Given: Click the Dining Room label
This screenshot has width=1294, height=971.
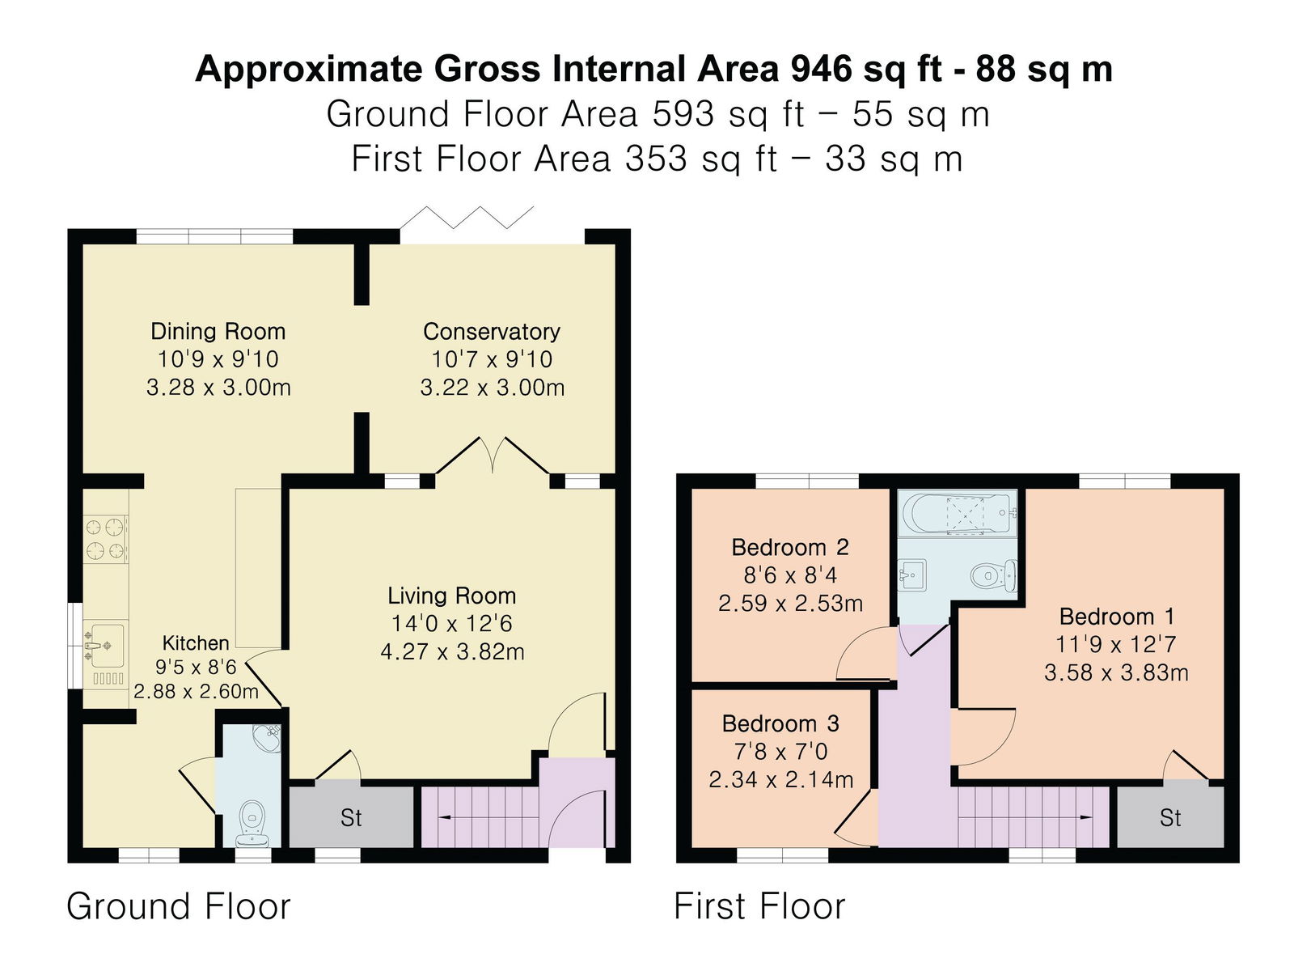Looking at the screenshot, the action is click(x=218, y=331).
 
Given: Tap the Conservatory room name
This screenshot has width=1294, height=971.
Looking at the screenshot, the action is click(x=492, y=332).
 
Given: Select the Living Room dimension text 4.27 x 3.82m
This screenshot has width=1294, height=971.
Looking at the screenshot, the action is click(x=452, y=652).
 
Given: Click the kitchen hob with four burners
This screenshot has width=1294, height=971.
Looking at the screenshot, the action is click(x=106, y=537).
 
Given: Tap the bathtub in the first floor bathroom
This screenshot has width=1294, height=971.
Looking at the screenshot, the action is click(x=960, y=514).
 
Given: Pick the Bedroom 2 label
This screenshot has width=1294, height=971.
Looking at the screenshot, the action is click(x=790, y=548).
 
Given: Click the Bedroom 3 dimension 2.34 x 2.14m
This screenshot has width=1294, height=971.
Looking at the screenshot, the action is click(x=780, y=780).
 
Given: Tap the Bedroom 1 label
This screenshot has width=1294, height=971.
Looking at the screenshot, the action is click(x=1117, y=617).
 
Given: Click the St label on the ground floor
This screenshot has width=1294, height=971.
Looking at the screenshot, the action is click(x=351, y=818).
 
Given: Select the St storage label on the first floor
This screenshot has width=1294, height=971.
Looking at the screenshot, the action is click(x=1170, y=818).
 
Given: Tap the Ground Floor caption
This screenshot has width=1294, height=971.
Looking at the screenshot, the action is click(x=179, y=906).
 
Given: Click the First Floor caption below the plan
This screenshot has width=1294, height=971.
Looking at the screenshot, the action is click(x=759, y=906).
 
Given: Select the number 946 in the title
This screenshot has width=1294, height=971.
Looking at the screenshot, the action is click(x=821, y=69).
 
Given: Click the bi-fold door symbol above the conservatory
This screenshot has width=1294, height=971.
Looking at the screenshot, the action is click(x=467, y=218).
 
